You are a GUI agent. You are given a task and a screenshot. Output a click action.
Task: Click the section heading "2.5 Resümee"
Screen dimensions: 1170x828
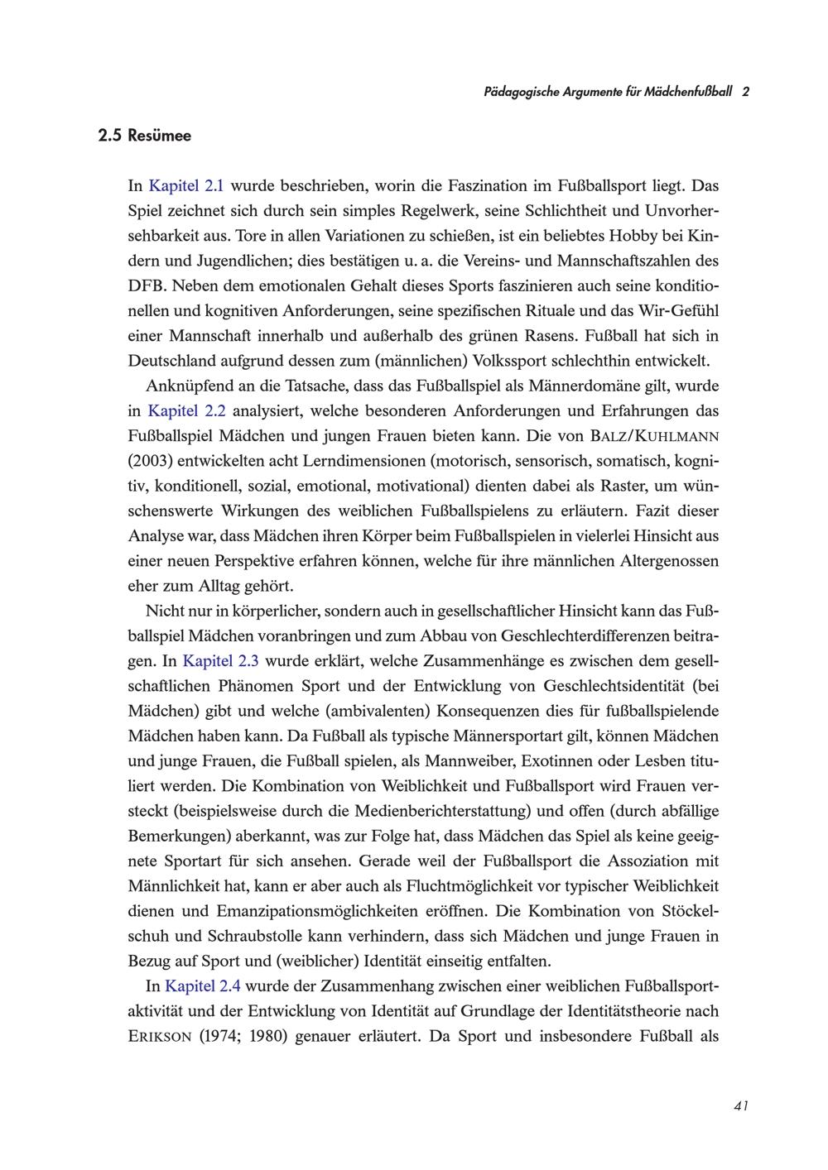coord(143,136)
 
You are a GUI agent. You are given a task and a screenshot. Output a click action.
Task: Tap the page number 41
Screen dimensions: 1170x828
coord(741,1105)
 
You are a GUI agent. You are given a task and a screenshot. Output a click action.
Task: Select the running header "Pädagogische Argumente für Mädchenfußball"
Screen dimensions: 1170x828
coord(608,92)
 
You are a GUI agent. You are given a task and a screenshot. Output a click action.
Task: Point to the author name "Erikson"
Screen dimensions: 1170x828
coord(160,1037)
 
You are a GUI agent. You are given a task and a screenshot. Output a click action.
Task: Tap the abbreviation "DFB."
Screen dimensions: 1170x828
coord(147,286)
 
